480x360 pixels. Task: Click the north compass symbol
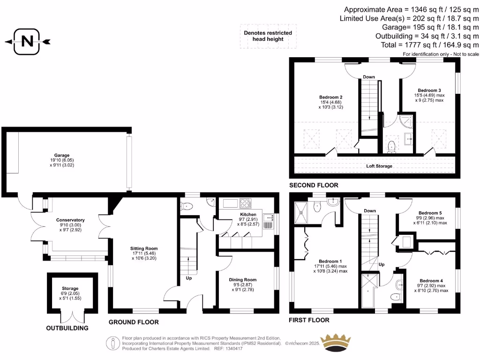coord(28,42)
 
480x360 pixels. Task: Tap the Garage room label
coord(61,155)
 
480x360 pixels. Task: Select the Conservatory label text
coord(70,220)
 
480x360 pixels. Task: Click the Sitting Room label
coord(144,248)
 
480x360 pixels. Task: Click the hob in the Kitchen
coord(245,203)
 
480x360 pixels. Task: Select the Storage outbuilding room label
coord(70,289)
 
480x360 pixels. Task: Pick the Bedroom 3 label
coord(429,90)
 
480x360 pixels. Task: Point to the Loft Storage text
coord(379,166)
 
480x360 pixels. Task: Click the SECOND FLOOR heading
coord(314,186)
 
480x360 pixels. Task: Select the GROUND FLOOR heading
coord(134,322)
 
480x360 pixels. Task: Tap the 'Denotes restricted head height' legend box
coord(268,36)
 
